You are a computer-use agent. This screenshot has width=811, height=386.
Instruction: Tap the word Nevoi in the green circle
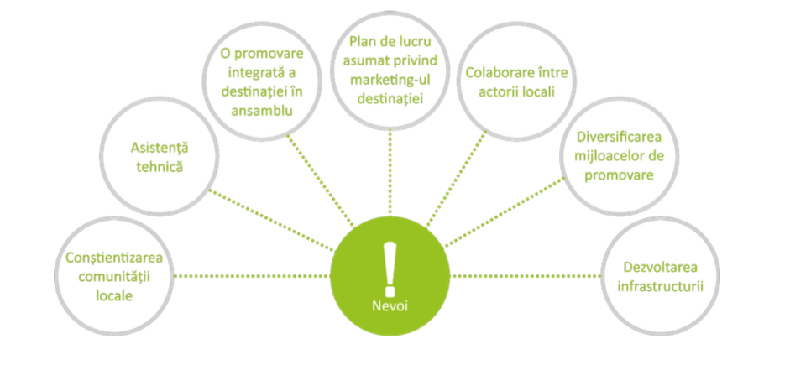389,305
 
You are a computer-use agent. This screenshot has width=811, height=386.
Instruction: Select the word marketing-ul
389,80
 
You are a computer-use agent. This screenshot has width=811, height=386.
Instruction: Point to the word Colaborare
489,71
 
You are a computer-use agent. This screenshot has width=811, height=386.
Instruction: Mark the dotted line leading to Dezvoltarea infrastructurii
526,275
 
